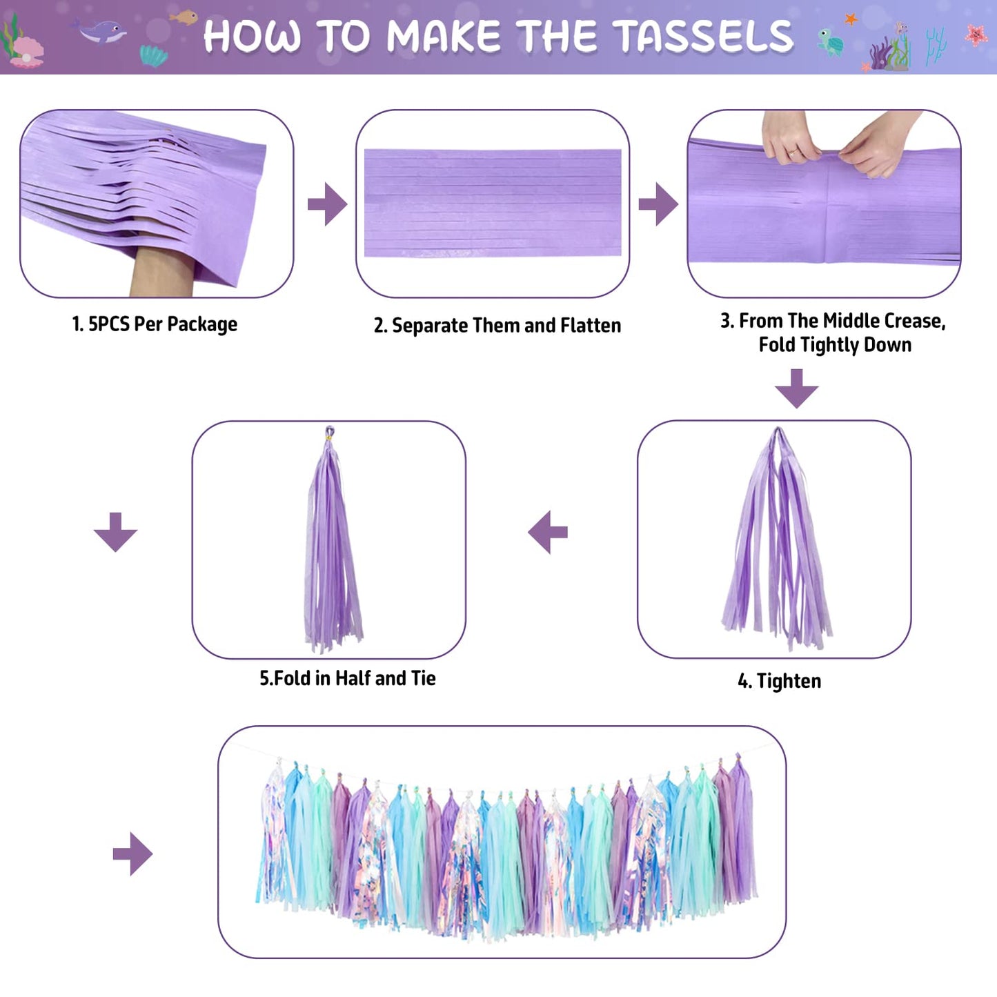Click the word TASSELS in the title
tap(707, 36)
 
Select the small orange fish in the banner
tap(184, 17)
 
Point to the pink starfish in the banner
tap(976, 34)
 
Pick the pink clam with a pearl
tap(26, 52)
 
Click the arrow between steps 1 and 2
tap(328, 204)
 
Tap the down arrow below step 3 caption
tap(796, 388)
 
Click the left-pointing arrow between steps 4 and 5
tap(548, 533)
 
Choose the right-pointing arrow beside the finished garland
tap(133, 853)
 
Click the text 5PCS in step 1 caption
tap(108, 324)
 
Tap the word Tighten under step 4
tap(789, 682)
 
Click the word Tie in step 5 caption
tap(424, 678)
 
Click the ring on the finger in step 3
tap(792, 152)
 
